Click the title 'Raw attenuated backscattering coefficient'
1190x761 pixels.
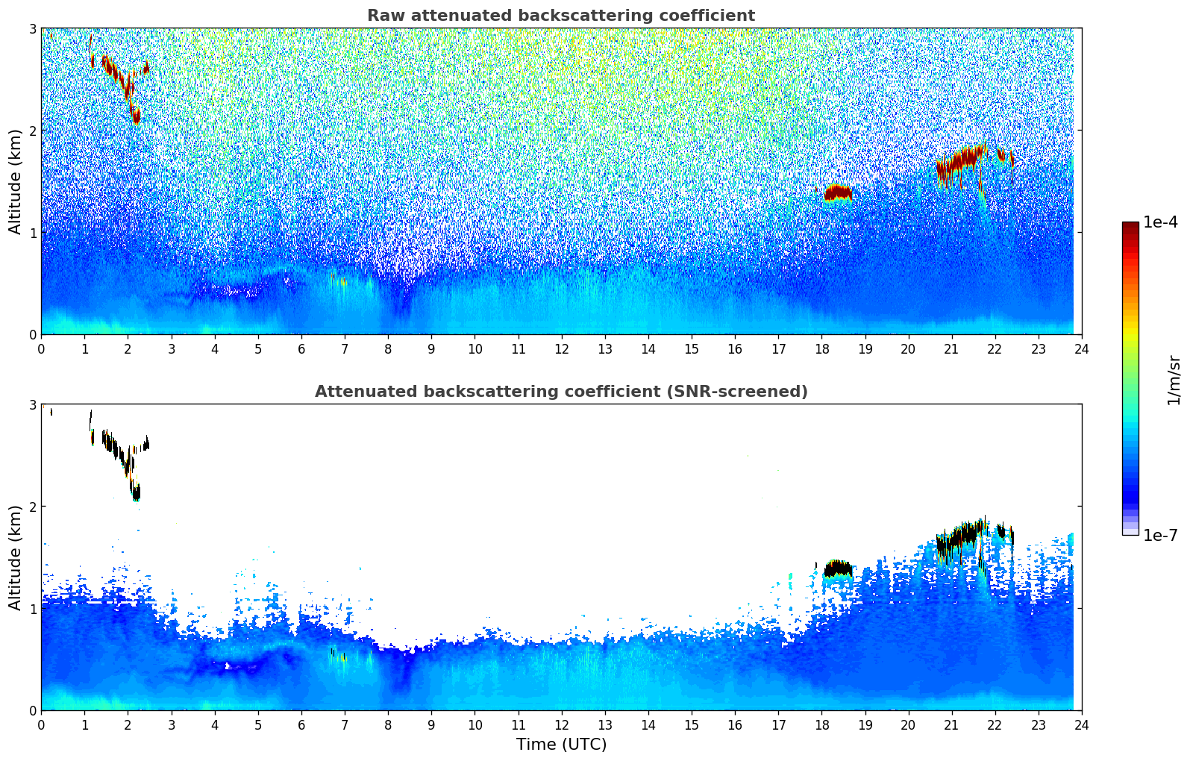(560, 16)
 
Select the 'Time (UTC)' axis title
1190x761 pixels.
(561, 744)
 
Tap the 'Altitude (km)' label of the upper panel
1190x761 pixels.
(16, 181)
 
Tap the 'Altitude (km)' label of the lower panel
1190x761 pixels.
(16, 557)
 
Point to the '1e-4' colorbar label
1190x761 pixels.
(1160, 222)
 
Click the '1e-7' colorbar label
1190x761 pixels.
(1160, 535)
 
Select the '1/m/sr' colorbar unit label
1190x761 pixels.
(1174, 380)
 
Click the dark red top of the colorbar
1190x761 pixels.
(1130, 226)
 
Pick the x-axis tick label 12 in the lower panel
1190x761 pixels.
(561, 724)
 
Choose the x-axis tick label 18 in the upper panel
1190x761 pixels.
(821, 348)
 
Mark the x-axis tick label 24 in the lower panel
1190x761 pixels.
(1081, 724)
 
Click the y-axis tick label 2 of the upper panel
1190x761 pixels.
(32, 131)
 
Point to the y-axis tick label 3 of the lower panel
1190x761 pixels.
(32, 404)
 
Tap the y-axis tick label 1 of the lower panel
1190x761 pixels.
(32, 608)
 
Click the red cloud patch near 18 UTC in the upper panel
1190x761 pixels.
(838, 192)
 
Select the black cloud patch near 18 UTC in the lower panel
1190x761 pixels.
(838, 569)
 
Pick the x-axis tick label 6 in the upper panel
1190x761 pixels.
(301, 348)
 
